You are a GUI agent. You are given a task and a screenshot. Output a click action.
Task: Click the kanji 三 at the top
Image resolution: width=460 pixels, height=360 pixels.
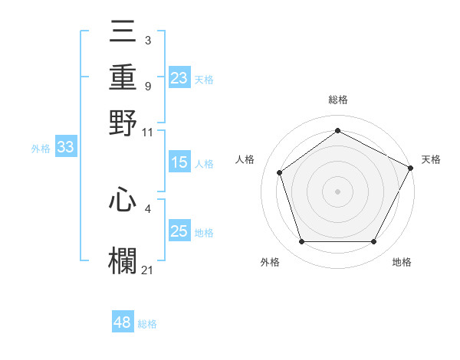pyautogui.click(x=123, y=34)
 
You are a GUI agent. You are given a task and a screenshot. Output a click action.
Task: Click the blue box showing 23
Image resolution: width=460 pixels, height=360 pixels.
pyautogui.click(x=179, y=78)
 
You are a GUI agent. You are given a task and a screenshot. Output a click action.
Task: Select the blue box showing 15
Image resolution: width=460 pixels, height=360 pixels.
pyautogui.click(x=179, y=162)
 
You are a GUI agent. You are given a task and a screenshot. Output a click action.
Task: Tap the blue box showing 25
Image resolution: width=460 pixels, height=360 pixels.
pyautogui.click(x=179, y=232)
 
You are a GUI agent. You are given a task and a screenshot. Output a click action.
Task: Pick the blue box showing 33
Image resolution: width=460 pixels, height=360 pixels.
pyautogui.click(x=65, y=148)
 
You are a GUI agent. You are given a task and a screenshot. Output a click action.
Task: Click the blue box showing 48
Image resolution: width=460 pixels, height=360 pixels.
pyautogui.click(x=123, y=323)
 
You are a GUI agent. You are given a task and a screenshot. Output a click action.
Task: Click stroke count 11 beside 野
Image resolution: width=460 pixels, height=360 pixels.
pyautogui.click(x=148, y=132)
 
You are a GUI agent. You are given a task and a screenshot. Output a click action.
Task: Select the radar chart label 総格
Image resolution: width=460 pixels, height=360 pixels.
pyautogui.click(x=338, y=100)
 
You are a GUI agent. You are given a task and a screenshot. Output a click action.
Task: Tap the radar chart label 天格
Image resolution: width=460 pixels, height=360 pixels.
pyautogui.click(x=431, y=159)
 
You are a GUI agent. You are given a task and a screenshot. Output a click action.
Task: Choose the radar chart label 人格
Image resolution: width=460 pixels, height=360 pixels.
pyautogui.click(x=245, y=159)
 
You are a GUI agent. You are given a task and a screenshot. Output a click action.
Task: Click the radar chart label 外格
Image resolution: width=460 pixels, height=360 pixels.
pyautogui.click(x=269, y=263)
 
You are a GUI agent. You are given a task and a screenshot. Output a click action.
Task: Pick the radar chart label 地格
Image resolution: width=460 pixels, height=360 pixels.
pyautogui.click(x=402, y=263)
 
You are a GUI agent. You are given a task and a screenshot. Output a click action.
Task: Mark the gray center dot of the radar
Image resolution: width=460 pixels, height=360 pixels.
pyautogui.click(x=338, y=191)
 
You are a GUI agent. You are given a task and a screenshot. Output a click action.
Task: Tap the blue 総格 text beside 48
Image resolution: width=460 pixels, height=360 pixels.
pyautogui.click(x=147, y=324)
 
